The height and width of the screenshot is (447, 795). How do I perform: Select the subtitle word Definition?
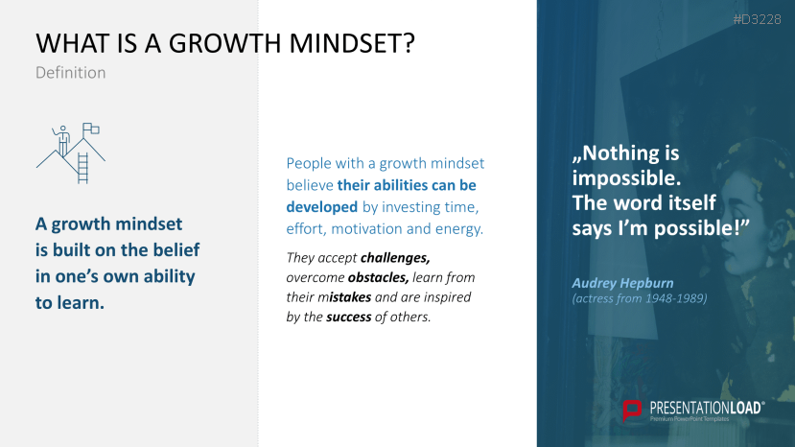tap(70, 73)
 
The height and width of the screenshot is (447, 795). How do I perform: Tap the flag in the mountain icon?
tap(91, 129)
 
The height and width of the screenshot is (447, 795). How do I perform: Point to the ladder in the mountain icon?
tap(82, 168)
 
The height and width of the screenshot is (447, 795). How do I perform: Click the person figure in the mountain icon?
tap(62, 141)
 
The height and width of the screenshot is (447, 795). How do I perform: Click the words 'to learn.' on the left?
tap(69, 303)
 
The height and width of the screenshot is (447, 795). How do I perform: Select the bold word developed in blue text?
tap(322, 207)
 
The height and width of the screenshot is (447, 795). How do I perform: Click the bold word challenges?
tap(395, 258)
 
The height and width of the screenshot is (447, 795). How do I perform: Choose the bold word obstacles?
tap(378, 277)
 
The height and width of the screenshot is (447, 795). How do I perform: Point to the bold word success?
tap(349, 318)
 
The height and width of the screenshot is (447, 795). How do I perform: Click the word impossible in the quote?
tap(626, 178)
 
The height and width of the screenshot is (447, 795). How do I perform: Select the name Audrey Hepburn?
tap(622, 283)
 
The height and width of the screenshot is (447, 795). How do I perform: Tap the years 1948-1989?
tap(672, 298)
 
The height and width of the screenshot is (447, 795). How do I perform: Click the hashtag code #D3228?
tap(757, 20)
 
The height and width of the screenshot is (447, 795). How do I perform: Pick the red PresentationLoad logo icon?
tap(632, 410)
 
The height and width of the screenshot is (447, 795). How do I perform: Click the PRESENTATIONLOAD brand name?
tap(706, 408)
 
